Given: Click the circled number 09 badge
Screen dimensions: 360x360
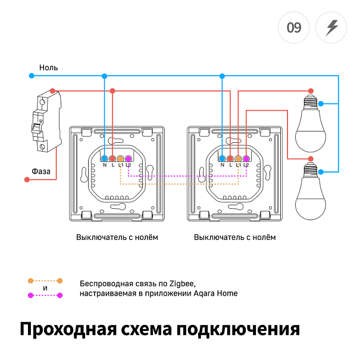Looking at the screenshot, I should [x=293, y=27].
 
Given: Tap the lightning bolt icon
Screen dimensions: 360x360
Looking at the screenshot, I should [x=331, y=27].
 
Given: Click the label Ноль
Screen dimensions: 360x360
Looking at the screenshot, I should [x=48, y=68].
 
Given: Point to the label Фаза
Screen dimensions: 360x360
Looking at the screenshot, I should [x=41, y=171].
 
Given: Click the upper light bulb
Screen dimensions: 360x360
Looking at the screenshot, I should [x=310, y=124].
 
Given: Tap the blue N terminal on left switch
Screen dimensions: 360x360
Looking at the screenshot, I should [x=104, y=159].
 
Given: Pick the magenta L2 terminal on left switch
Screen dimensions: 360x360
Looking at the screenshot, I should [x=129, y=159].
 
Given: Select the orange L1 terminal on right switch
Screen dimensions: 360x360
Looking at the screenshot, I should [x=238, y=159].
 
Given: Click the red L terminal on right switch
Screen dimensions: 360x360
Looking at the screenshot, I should [x=230, y=159].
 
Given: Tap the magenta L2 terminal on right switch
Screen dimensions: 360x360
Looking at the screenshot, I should [x=246, y=159].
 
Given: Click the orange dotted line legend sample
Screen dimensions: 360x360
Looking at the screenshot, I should [x=45, y=280].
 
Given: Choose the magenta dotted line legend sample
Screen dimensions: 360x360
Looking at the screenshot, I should [x=45, y=295].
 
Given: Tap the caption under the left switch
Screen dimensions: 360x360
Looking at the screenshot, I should [x=117, y=237].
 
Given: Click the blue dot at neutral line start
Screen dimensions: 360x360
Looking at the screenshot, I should [x=32, y=76].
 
